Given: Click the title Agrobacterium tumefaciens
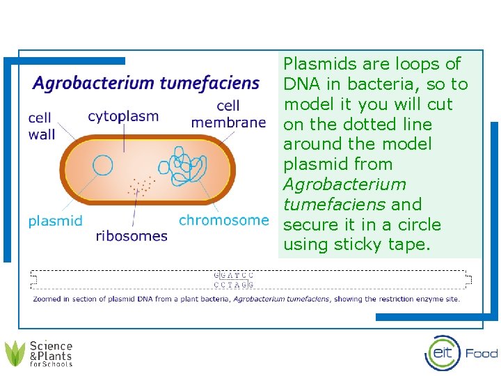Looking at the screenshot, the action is (146, 84).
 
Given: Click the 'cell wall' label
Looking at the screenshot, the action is (41, 126).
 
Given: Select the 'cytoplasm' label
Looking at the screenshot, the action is (123, 116).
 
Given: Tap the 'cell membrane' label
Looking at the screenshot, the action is (228, 114).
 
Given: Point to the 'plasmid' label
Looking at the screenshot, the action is (55, 221).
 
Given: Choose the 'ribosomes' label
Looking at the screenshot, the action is (132, 235).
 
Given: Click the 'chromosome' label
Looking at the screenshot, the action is (223, 220).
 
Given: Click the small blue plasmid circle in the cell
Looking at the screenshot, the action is (103, 166).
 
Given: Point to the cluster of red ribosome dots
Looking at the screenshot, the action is (141, 185).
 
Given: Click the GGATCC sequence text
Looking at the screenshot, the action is (233, 275).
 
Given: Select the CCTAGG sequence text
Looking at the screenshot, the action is (233, 284).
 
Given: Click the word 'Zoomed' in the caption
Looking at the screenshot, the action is (48, 299).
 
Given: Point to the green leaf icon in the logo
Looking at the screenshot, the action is (15, 354).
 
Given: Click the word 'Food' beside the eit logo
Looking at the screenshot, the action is (482, 353).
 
